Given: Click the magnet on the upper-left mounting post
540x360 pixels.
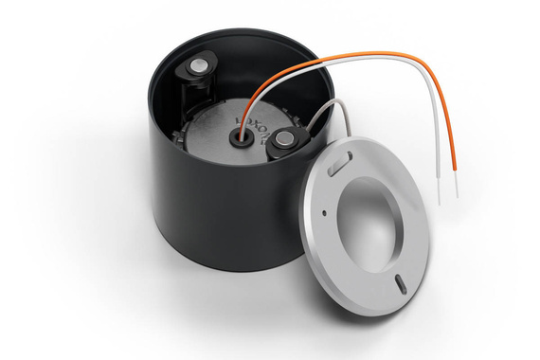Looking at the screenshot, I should [200, 65].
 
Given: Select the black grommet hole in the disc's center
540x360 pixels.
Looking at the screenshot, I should [238, 136].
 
